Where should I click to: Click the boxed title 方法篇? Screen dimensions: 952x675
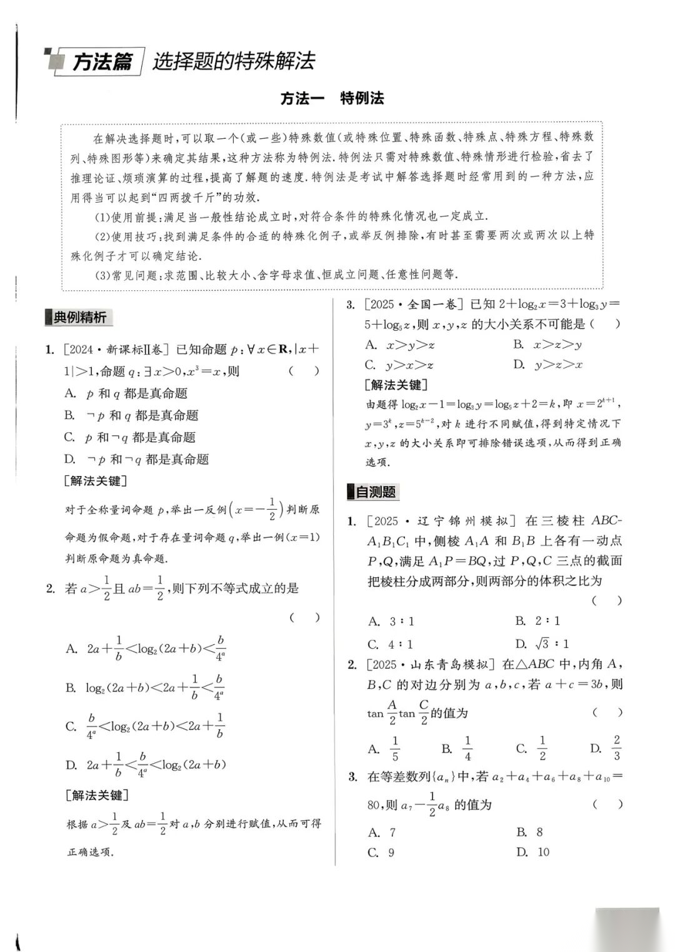click(102, 62)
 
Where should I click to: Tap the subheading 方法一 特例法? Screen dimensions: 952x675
click(332, 98)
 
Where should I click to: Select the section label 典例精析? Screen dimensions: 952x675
click(79, 317)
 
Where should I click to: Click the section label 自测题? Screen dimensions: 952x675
click(375, 492)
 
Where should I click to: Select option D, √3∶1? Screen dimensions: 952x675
click(542, 644)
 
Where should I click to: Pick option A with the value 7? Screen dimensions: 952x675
click(382, 833)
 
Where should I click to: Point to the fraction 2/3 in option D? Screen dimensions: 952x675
click(616, 747)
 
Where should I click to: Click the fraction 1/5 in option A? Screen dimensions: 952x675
click(395, 748)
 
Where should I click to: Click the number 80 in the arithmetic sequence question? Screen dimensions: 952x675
click(374, 805)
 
